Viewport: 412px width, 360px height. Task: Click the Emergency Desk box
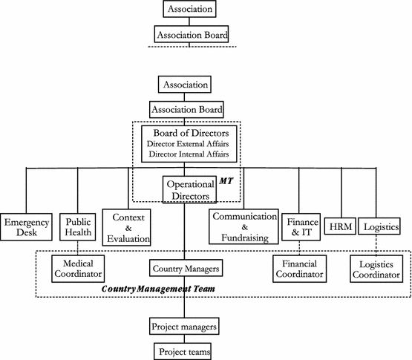(27, 228)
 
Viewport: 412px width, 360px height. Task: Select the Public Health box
(78, 227)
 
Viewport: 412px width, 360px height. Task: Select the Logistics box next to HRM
(382, 226)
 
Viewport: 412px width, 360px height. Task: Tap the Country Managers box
(184, 267)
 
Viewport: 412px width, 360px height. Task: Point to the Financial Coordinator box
(299, 268)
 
